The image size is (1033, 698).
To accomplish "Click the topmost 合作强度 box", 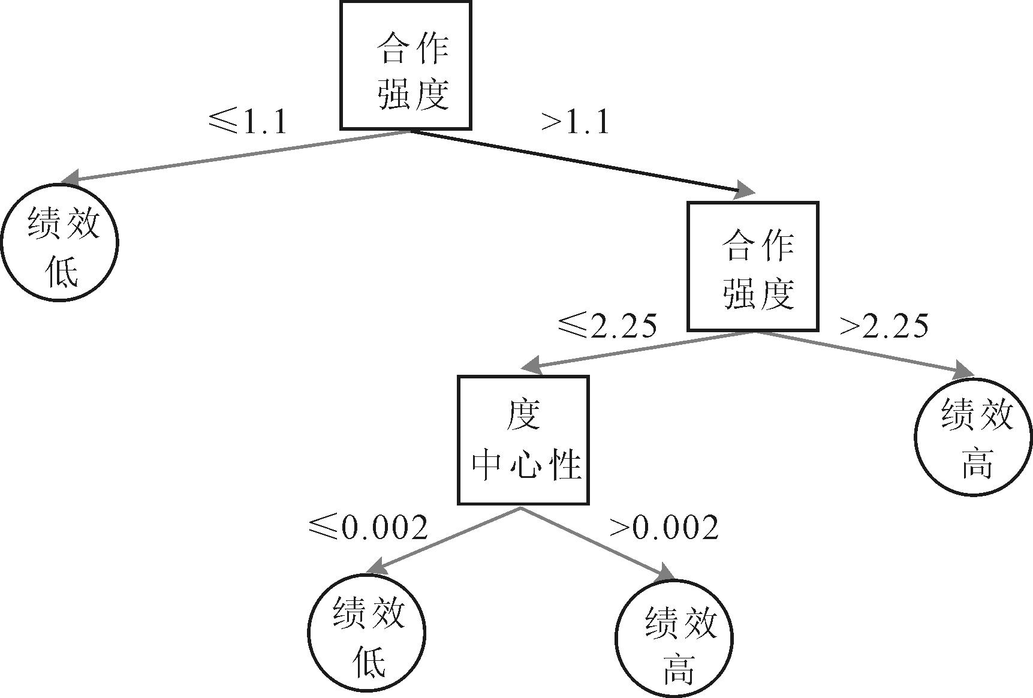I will tap(406, 65).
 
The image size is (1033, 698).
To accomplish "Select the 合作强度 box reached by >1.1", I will tap(752, 266).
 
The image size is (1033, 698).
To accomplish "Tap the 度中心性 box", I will tap(523, 440).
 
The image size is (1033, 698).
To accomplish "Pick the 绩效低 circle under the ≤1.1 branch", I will tap(60, 243).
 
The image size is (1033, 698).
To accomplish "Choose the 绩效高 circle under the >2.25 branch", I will tap(974, 437).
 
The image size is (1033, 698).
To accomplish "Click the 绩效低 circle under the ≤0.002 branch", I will tap(366, 632).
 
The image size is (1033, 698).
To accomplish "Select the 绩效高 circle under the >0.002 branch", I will tap(674, 637).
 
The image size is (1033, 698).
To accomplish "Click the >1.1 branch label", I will tap(575, 122).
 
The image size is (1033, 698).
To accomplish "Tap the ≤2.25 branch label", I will tap(607, 326).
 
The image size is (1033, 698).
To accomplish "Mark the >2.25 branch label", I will tap(884, 326).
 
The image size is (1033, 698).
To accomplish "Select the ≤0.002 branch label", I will tap(368, 527).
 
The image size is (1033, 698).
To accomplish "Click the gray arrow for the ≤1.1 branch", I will tap(234, 156).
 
